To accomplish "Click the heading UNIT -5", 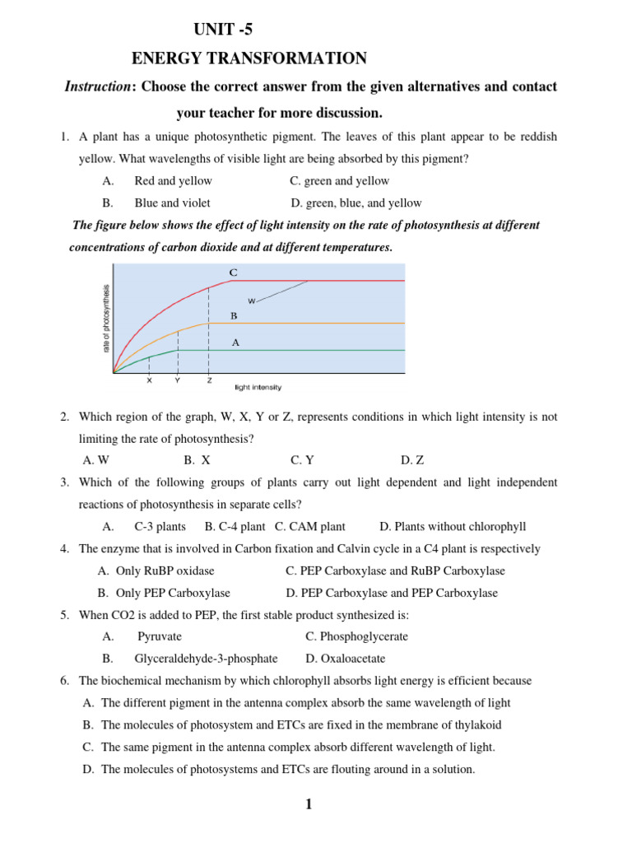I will pyautogui.click(x=223, y=30).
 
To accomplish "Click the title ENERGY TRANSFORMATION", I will pyautogui.click(x=249, y=58).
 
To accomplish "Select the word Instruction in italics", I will pyautogui.click(x=97, y=86).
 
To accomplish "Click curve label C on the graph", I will pyautogui.click(x=233, y=272).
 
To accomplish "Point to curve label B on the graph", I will pyautogui.click(x=234, y=315).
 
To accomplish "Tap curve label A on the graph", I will pyautogui.click(x=235, y=343).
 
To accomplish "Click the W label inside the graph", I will pyautogui.click(x=251, y=301).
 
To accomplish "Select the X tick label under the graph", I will pyautogui.click(x=149, y=380).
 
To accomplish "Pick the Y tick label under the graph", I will pyautogui.click(x=178, y=380).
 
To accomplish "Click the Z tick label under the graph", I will pyautogui.click(x=209, y=380).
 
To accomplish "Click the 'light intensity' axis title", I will pyautogui.click(x=258, y=386).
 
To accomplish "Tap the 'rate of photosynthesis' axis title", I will pyautogui.click(x=106, y=318).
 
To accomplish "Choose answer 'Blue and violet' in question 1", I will pyautogui.click(x=172, y=203).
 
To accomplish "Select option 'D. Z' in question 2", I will pyautogui.click(x=412, y=460).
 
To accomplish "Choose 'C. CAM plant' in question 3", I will pyautogui.click(x=310, y=526).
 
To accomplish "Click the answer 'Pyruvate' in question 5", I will pyautogui.click(x=160, y=636).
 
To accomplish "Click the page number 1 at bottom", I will pyautogui.click(x=309, y=805).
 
